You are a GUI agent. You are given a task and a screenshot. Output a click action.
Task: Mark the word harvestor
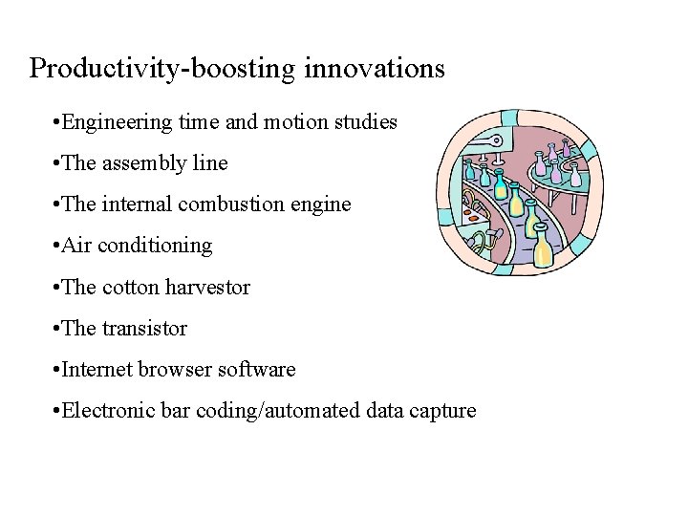click(x=207, y=287)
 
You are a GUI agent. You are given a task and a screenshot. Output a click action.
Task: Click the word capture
click(x=442, y=411)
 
